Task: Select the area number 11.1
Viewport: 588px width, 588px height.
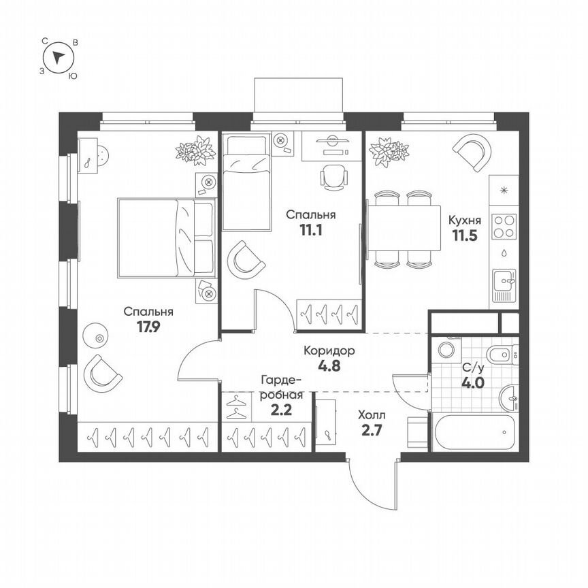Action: [x=310, y=229]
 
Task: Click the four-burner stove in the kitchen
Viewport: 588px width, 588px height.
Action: [x=504, y=226]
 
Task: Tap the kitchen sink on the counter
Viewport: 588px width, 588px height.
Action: [x=504, y=280]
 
